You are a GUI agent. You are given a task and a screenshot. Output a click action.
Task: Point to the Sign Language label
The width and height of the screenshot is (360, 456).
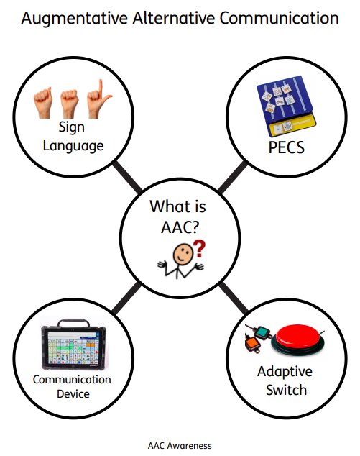click(x=73, y=137)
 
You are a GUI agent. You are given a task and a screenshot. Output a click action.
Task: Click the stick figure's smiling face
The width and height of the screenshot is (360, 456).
click(x=185, y=253)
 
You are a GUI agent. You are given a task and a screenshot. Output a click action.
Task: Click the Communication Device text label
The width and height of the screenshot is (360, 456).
click(x=72, y=386)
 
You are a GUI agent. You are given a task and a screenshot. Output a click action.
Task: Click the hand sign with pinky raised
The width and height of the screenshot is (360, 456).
click(x=97, y=101)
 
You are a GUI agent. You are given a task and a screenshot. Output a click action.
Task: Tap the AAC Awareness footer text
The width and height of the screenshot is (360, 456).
click(x=180, y=445)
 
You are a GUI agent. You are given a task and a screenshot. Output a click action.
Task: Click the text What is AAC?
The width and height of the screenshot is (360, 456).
click(x=177, y=216)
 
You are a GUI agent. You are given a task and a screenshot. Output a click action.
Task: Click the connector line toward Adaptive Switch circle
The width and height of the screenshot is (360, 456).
click(x=231, y=295)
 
